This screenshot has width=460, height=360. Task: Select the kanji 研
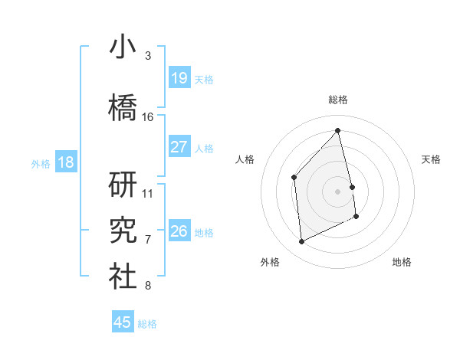coord(123,185)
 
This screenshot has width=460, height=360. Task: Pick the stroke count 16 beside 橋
coord(148,117)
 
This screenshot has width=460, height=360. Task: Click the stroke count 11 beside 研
coord(148,193)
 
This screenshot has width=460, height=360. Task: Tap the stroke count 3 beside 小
coord(148,56)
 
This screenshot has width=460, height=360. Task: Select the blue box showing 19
coord(179,78)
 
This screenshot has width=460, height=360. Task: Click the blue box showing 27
coord(179,146)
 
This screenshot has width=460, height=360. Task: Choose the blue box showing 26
coord(179,231)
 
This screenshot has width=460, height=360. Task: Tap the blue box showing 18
coord(65,162)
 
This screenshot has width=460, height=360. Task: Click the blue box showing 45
coord(123,322)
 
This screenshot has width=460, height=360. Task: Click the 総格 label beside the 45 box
coord(147,324)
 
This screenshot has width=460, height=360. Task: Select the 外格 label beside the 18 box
coord(40,163)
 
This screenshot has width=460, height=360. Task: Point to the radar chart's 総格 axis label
coord(337,100)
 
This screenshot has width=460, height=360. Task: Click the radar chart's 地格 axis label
coord(402,262)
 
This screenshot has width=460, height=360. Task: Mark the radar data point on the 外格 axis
coord(301,242)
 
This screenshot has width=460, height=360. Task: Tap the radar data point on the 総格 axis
coord(337,130)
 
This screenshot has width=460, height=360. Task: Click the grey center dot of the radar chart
coord(337,191)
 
